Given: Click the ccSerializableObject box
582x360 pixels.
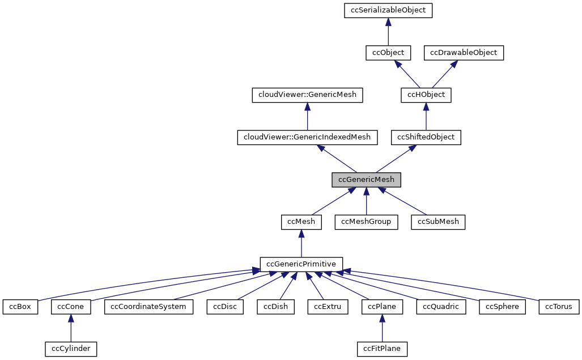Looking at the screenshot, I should (388, 10).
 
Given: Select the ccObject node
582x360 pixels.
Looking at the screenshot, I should (388, 53).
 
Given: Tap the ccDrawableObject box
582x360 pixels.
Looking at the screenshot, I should (464, 53).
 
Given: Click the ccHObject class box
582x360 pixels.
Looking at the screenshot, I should (426, 95).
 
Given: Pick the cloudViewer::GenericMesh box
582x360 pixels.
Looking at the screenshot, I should (307, 95).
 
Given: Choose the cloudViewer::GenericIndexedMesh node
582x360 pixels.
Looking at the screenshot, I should (307, 137).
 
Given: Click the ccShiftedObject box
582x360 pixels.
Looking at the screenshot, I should (426, 137).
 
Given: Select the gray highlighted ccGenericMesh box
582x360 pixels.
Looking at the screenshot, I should (366, 179).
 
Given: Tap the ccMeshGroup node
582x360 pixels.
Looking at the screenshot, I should (366, 222).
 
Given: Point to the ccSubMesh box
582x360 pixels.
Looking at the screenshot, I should (438, 222).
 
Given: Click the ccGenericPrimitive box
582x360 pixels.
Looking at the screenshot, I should (301, 264).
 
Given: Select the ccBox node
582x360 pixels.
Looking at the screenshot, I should (20, 307).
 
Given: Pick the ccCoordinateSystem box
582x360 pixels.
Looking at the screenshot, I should (148, 307).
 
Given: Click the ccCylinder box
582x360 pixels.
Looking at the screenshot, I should (71, 349).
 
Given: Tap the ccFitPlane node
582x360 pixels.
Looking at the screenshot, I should (382, 349).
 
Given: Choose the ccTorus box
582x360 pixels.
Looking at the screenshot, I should (559, 307).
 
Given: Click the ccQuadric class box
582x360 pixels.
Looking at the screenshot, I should (441, 307).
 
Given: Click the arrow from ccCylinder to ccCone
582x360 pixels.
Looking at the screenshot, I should (71, 328).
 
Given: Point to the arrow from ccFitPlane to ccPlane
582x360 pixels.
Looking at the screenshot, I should (382, 328).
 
